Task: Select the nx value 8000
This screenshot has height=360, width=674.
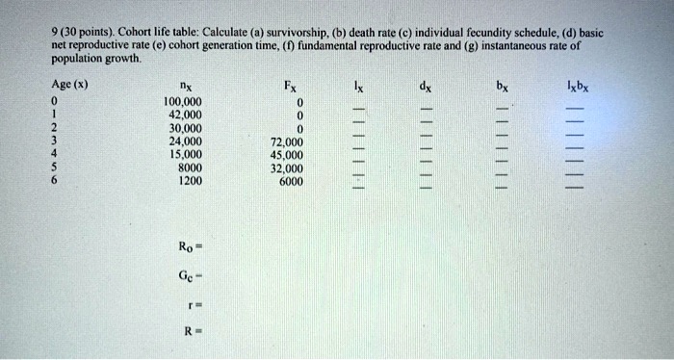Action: [x=190, y=166]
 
